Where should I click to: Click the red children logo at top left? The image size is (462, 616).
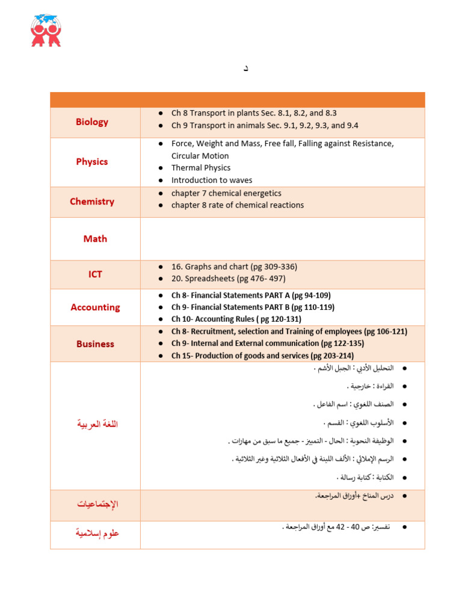coord(46,30)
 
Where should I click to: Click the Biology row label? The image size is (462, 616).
coord(92,122)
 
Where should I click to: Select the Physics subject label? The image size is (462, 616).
coord(92,162)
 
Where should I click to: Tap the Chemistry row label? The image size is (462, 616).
coord(92,202)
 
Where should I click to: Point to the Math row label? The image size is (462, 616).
coord(95,239)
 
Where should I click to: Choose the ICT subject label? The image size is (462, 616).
coord(95,274)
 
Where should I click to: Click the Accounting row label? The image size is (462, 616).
coord(95,307)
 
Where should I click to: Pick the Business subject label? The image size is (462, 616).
coord(95,344)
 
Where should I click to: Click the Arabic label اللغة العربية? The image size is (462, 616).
coord(97,424)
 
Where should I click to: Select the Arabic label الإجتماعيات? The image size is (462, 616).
coord(97,504)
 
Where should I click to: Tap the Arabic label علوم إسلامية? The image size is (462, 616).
coord(97,533)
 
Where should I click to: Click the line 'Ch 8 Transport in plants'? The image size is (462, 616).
coord(254,113)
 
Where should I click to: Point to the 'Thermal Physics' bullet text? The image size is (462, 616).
coord(201,168)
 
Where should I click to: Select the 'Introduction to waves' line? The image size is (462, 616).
coord(212,180)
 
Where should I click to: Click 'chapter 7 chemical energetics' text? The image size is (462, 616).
coord(226,193)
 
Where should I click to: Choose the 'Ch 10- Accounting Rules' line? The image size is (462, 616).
coord(236,319)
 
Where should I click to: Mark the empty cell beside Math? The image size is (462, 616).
coord(282,239)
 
